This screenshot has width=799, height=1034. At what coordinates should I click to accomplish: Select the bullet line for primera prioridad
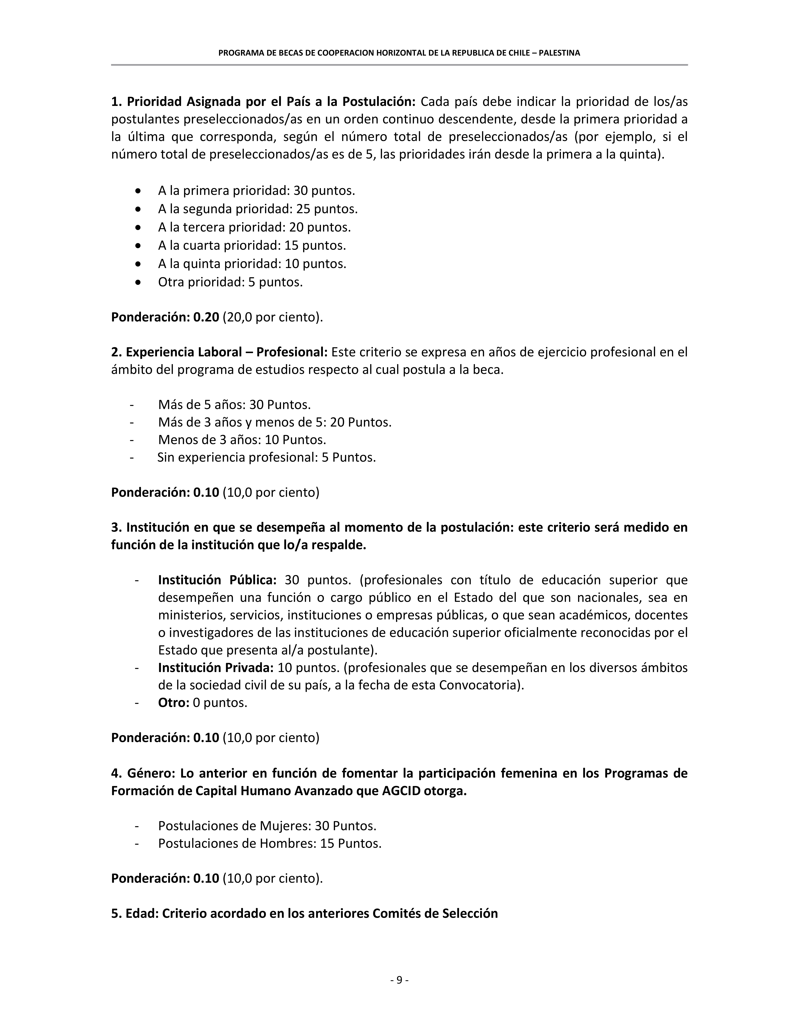click(x=256, y=191)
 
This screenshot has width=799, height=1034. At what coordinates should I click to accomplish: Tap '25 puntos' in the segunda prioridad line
click(x=327, y=209)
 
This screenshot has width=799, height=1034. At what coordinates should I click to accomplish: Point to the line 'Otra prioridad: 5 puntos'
click(x=230, y=282)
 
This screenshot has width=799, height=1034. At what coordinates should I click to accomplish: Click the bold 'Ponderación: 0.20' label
click(x=165, y=317)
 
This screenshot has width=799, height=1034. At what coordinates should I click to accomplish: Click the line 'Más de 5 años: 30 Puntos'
click(x=234, y=405)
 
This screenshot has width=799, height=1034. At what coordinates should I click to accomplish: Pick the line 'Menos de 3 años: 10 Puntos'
click(x=242, y=440)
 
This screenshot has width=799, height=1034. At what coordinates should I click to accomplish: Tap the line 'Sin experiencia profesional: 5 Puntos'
click(x=267, y=457)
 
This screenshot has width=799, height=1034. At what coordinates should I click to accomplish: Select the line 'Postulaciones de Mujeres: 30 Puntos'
click(x=267, y=826)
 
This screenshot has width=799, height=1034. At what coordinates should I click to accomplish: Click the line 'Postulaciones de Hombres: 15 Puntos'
click(x=269, y=843)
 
